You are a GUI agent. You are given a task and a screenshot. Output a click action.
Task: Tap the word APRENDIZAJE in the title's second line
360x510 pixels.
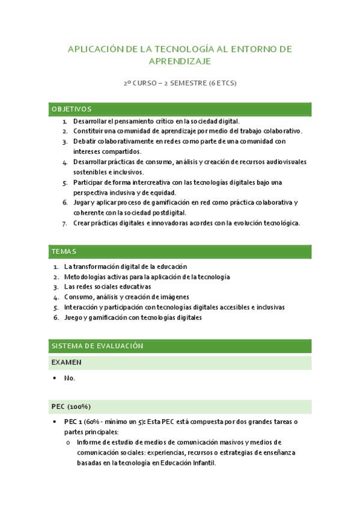coord(180,62)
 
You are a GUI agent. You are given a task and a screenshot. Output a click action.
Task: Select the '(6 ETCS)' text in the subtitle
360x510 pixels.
coord(222,84)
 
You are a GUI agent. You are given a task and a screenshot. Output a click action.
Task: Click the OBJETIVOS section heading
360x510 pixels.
coord(72,109)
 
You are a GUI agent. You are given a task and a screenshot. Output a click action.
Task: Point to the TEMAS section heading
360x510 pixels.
coord(64,251)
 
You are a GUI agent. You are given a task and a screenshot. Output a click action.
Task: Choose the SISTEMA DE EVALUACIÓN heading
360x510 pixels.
coord(97,346)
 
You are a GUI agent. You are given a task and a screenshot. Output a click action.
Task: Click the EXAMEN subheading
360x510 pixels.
coord(67,363)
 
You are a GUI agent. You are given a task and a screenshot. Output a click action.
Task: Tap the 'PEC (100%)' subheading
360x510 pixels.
coord(72,407)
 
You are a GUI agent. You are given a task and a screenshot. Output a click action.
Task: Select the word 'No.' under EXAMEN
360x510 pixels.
coord(70,378)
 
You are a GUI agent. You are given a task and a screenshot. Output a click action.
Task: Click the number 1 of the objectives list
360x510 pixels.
coord(65,121)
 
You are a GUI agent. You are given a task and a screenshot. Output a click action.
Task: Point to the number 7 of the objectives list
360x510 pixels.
coord(65,223)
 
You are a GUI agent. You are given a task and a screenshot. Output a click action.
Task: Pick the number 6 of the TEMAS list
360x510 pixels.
coord(55,317)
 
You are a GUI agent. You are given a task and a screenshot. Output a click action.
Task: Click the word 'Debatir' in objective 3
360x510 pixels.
coord(85,141)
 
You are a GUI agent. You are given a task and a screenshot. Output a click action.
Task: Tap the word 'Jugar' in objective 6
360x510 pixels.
coord(83,203)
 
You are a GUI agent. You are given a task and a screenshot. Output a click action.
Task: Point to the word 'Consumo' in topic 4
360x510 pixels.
coord(79,296)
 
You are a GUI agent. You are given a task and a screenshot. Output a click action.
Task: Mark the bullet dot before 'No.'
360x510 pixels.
coord(55,378)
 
